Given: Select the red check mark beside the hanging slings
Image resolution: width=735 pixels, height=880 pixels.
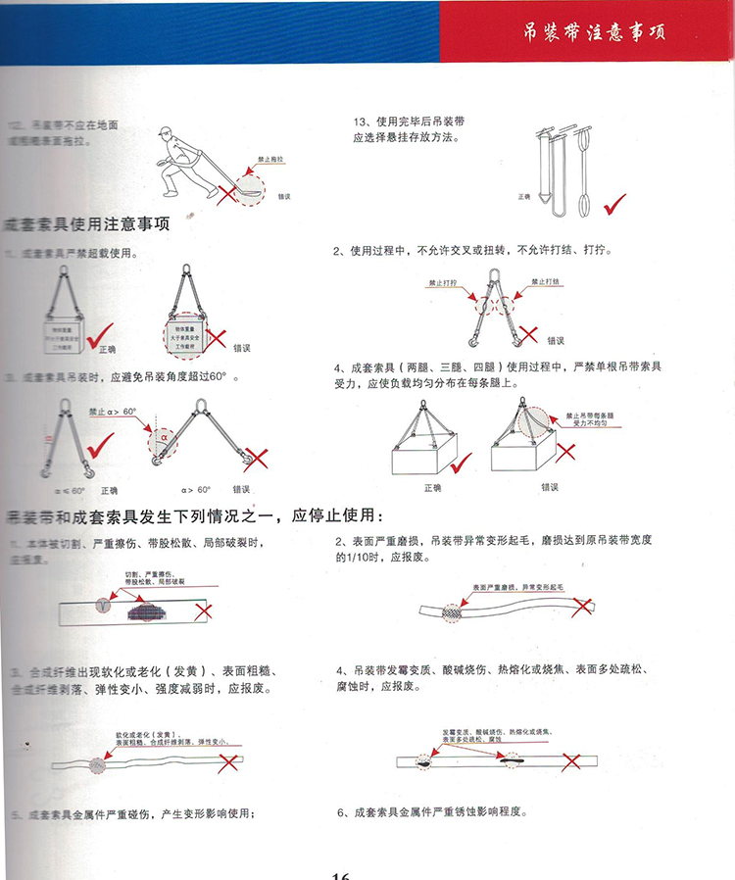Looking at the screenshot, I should [x=614, y=206].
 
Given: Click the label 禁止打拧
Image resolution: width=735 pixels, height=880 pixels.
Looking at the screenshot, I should [x=443, y=282].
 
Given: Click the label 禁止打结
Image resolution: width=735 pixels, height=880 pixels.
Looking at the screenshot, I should [x=545, y=282].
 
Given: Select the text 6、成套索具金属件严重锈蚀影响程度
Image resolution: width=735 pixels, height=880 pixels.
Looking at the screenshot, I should [x=431, y=812].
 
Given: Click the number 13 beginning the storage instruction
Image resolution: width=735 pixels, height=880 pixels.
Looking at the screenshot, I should [x=359, y=122].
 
